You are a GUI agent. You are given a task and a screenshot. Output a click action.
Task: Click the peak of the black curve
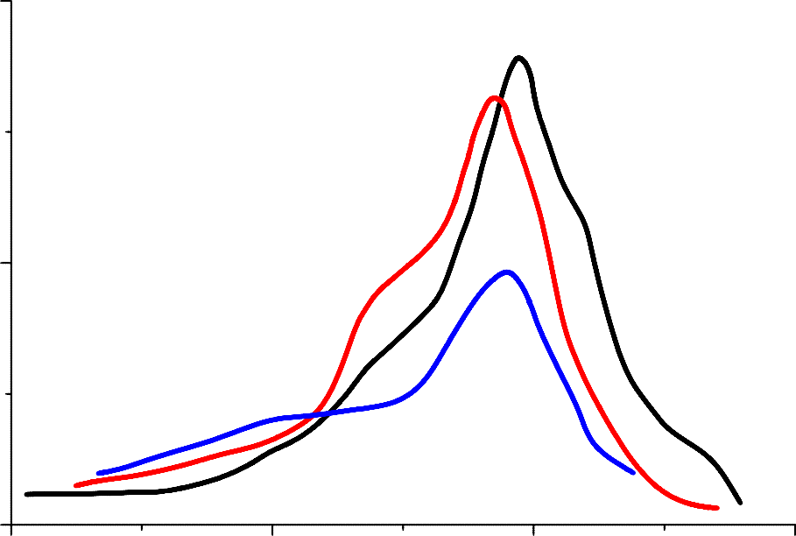tap(519, 58)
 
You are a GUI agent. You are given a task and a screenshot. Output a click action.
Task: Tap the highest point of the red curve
tap(496, 97)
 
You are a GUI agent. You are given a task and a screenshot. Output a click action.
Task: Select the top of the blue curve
tap(506, 272)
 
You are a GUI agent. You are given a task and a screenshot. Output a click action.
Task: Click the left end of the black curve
tap(26, 495)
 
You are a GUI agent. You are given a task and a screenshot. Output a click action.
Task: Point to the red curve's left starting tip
tap(76, 485)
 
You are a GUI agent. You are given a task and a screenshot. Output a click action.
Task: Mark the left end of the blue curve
tap(98, 473)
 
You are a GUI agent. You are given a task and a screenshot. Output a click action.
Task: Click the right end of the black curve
tap(741, 503)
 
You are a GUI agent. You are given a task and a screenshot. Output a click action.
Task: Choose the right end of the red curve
tap(717, 507)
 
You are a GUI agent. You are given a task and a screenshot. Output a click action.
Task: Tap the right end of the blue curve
tap(633, 473)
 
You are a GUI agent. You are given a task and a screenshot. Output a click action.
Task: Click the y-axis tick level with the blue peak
tap(9, 263)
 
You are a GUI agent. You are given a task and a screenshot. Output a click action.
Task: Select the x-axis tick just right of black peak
tap(533, 526)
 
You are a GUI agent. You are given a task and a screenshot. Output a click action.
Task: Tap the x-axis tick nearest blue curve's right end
tap(664, 526)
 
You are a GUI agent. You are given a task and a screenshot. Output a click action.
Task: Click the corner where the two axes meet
tap(10, 525)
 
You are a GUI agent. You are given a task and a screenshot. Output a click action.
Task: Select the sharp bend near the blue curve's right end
tap(594, 442)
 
